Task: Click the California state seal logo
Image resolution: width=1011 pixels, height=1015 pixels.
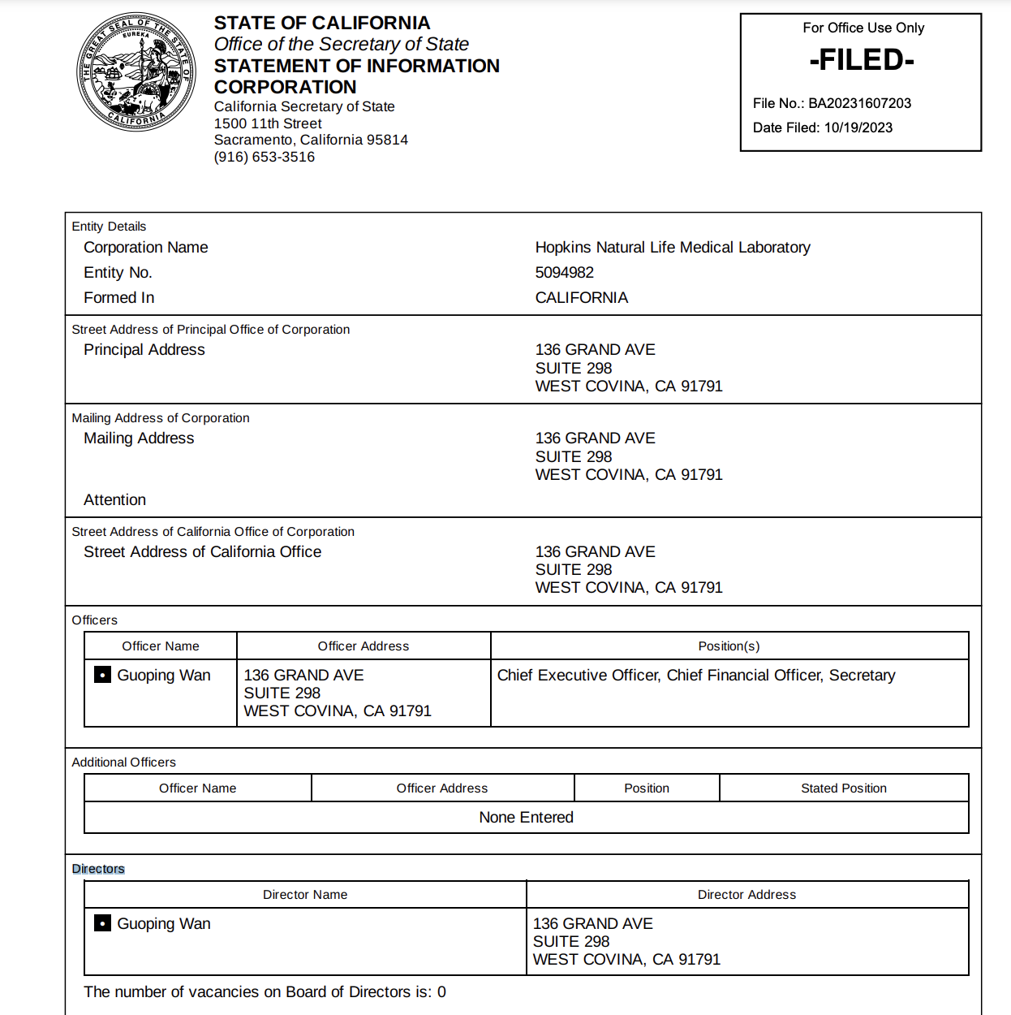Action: [136, 71]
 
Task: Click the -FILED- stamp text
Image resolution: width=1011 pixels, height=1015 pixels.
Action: [862, 60]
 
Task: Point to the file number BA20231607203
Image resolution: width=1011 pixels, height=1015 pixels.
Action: [859, 103]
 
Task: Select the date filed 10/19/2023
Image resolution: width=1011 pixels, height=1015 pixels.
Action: [858, 127]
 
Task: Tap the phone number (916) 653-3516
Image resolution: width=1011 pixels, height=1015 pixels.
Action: [264, 157]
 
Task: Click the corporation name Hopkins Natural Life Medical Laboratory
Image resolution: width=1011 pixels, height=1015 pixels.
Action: [672, 248]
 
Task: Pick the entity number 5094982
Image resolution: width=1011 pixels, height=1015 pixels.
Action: [564, 273]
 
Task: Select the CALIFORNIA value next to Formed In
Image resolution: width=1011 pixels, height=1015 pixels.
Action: [581, 298]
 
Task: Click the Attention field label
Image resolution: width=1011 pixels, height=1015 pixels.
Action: [114, 500]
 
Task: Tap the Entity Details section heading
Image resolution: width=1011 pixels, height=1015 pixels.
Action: [109, 227]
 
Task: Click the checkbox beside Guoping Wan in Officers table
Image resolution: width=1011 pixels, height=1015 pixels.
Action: [103, 675]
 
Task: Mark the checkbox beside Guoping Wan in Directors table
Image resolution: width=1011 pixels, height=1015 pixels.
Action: [103, 923]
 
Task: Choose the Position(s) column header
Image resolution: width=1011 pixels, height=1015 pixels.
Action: [729, 646]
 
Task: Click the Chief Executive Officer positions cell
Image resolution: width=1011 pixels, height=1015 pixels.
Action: [695, 676]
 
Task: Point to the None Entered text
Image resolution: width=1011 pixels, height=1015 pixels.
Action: [526, 818]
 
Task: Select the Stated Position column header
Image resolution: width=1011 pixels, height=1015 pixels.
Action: [843, 788]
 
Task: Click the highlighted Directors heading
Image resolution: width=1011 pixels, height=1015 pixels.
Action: [98, 869]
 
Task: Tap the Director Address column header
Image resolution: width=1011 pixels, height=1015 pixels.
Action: [746, 895]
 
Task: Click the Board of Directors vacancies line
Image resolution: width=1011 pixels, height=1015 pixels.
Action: [265, 992]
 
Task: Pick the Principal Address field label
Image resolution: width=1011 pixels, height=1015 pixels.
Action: [144, 350]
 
